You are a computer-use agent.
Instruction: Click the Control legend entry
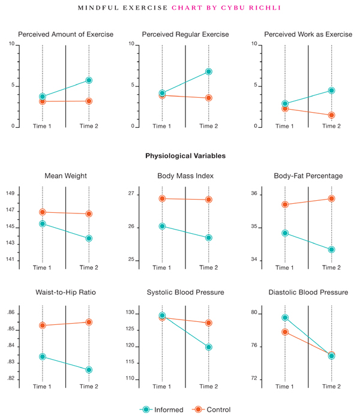[211, 409]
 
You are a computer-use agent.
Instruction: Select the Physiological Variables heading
[185, 156]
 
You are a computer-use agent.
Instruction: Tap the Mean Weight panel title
[65, 176]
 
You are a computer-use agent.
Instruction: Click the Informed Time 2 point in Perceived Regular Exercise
[208, 71]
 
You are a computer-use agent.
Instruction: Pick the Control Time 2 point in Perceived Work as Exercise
[331, 115]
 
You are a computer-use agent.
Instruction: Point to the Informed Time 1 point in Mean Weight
[43, 224]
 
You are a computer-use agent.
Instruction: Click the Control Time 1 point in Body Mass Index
[162, 198]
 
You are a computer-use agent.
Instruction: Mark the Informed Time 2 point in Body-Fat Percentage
[331, 249]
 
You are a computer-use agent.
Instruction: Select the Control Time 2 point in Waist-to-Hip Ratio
[89, 322]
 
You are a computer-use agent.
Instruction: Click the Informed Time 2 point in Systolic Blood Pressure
[208, 347]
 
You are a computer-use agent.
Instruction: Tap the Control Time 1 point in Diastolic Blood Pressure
[285, 332]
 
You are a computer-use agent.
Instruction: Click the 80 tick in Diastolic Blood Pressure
[254, 313]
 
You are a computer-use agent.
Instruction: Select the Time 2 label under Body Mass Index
[208, 267]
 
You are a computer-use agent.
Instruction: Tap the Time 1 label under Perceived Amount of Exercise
[42, 126]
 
